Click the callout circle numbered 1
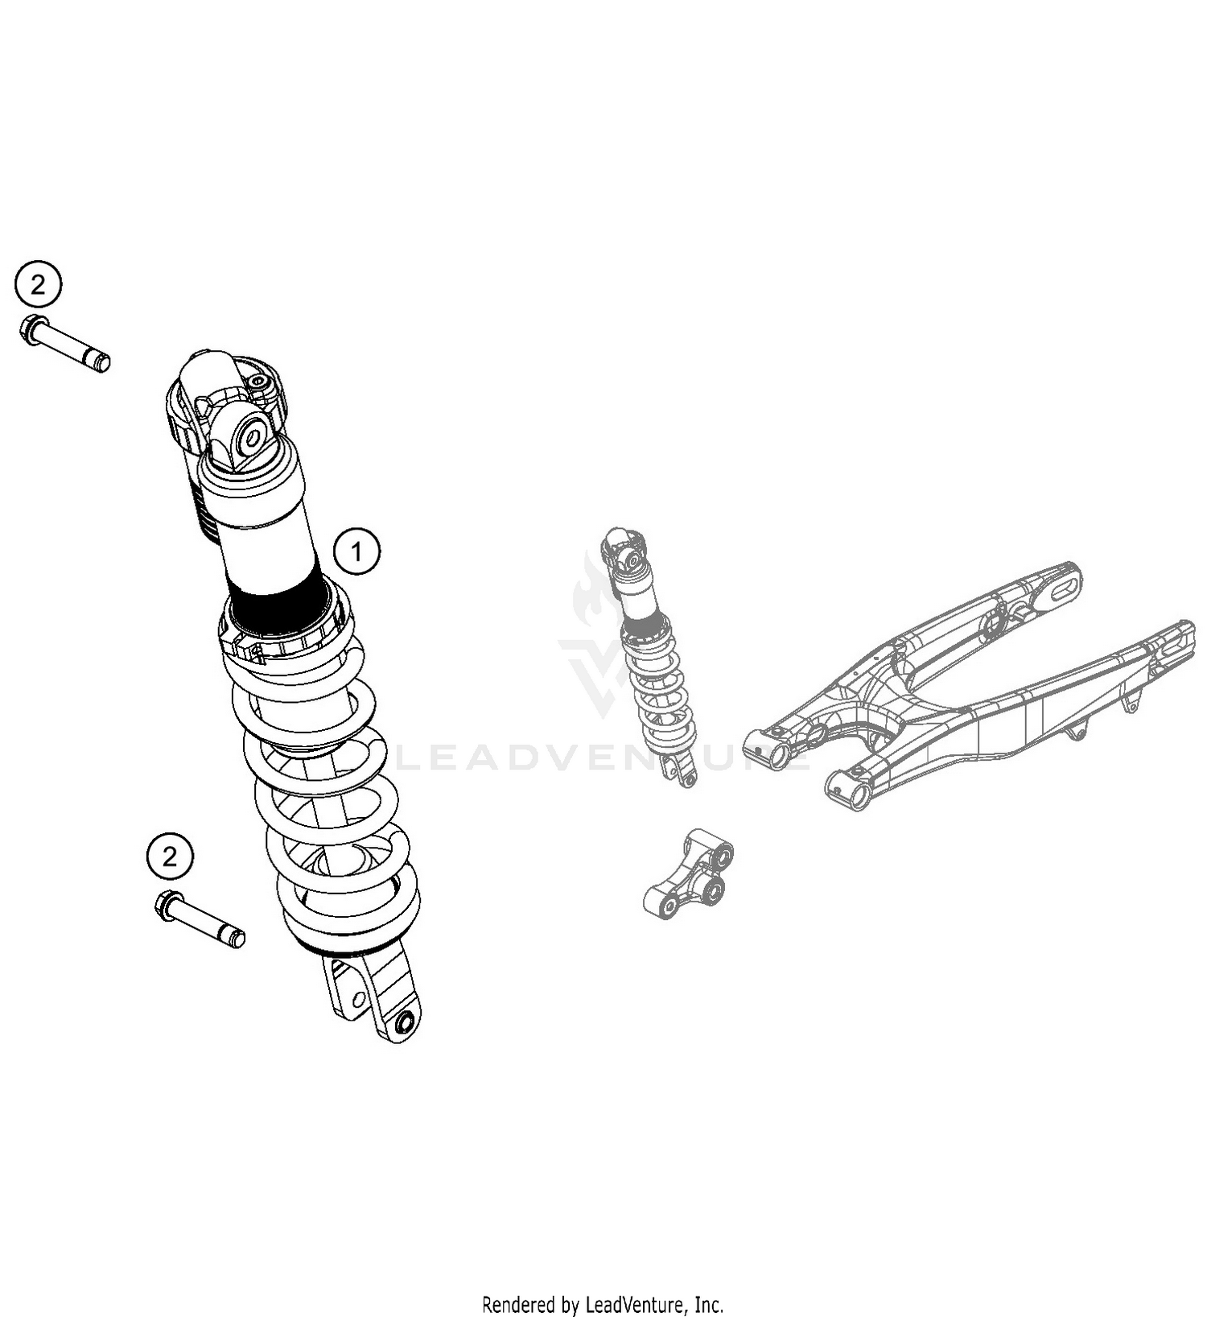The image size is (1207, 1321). click(x=356, y=551)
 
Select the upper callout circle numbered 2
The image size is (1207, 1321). click(x=38, y=284)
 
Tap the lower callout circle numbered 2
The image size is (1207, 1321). click(x=170, y=857)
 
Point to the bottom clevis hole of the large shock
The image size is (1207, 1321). click(x=405, y=1023)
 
